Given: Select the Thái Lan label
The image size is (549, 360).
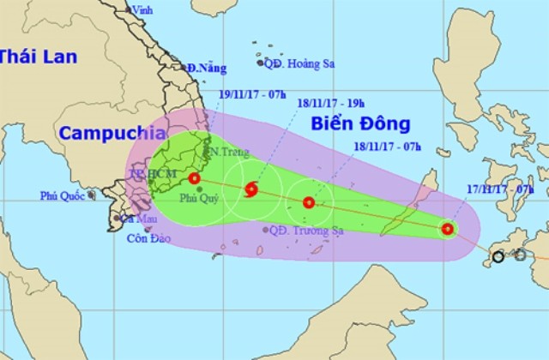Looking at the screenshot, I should tap(38, 57).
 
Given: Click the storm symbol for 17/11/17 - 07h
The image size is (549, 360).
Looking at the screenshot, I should tap(447, 229).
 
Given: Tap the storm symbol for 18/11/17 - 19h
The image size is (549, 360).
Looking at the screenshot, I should tap(251, 189).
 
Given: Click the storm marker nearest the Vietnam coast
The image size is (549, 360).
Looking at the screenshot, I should tap(195, 178).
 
